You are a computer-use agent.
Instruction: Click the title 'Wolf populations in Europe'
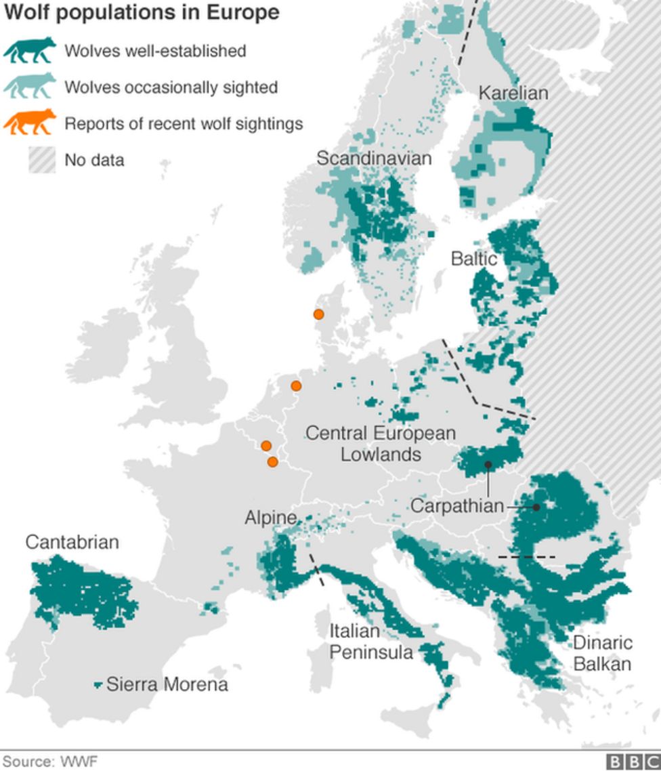coord(142,13)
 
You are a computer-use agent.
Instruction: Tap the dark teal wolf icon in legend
coord(30,50)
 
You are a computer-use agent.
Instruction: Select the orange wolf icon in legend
coord(30,123)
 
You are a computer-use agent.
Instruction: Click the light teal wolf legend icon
coord(30,86)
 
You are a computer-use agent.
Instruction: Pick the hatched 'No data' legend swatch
coord(41,160)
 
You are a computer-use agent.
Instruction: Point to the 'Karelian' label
coord(513,93)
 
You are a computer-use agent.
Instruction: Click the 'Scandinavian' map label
coord(374,158)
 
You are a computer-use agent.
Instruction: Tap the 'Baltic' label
coord(474,259)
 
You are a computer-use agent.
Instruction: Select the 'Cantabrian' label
coord(72,542)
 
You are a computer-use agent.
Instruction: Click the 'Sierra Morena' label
coord(167,684)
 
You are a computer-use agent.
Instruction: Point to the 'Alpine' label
coord(271,518)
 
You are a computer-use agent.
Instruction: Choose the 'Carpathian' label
coord(457,505)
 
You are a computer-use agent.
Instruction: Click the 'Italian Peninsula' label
coord(370,642)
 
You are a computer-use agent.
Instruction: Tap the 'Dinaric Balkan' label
coord(602,653)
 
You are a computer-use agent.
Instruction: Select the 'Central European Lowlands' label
coord(381,443)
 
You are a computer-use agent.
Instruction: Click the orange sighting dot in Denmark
coord(318,314)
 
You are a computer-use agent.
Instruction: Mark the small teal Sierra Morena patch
coord(98,686)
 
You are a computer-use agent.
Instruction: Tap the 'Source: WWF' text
coord(50,762)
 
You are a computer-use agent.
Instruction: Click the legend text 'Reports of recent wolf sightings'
coord(184,124)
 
